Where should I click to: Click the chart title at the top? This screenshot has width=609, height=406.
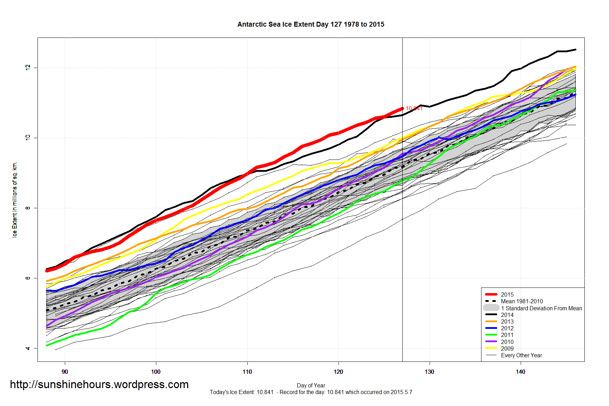311,25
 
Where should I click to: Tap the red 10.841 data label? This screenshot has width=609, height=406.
414,108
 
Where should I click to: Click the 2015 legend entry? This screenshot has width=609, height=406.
507,295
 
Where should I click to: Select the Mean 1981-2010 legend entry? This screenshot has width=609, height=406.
522,301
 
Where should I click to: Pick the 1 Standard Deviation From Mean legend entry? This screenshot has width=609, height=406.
541,308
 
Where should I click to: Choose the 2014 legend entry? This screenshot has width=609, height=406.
507,315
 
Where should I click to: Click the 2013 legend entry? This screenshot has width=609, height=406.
507,322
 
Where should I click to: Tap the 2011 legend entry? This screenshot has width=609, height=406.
507,335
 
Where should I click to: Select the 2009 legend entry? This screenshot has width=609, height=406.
507,349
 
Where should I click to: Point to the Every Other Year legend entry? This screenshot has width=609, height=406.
521,355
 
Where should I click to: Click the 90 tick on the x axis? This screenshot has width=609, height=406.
65,372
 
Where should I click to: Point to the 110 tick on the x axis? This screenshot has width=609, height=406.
247,372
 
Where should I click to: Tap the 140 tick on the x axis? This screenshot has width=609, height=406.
520,372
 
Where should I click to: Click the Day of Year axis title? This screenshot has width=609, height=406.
311,385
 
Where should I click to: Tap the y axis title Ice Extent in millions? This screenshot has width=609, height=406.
15,199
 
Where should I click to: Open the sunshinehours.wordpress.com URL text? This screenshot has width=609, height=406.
99,385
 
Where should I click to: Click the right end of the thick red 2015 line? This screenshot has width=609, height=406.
402,109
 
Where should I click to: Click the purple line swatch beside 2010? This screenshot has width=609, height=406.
491,341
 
